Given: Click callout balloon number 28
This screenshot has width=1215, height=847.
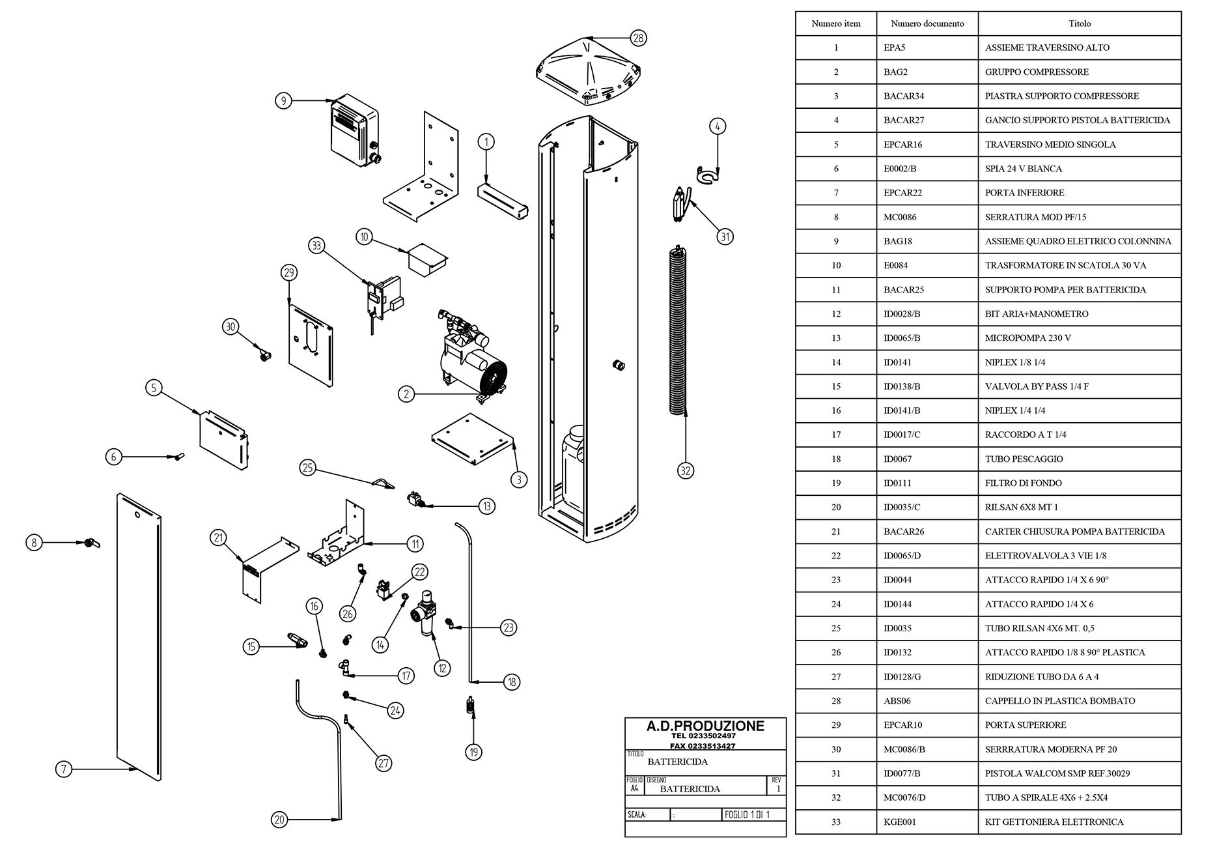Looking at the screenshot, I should (638, 38).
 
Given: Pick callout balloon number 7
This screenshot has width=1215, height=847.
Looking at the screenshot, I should (63, 769).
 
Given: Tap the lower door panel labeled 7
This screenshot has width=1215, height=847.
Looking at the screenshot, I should (138, 635).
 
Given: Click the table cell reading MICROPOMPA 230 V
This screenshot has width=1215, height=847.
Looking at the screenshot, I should (1027, 338).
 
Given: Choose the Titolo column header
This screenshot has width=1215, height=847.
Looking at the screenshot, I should (1079, 23).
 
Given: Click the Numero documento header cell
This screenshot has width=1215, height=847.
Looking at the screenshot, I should (927, 23).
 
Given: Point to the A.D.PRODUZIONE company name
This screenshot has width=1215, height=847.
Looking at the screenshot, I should (705, 726).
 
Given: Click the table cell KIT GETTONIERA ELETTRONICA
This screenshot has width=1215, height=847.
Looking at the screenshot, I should (1054, 822).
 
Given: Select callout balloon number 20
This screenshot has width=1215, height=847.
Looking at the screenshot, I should (279, 820).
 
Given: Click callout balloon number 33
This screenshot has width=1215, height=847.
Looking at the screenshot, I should (316, 246).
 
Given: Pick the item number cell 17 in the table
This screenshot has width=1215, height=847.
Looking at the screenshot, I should (836, 435).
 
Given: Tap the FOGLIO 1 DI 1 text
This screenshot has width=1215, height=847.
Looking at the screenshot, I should (747, 814).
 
